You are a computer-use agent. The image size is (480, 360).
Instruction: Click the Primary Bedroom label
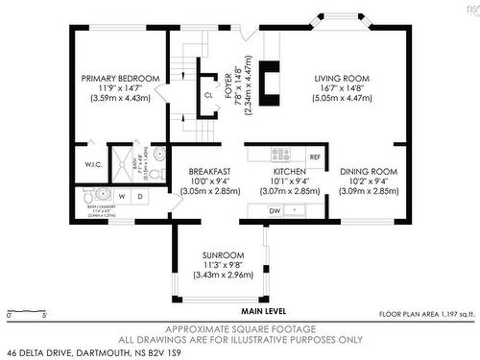[x=119, y=78]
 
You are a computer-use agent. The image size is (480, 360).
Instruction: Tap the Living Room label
[x=343, y=78]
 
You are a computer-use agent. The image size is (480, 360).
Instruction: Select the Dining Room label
[x=369, y=172]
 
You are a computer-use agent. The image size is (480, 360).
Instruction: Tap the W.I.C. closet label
[x=92, y=164]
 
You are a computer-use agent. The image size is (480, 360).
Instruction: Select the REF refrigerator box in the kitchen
[x=314, y=155]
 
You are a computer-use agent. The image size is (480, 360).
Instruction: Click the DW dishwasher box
[x=276, y=209]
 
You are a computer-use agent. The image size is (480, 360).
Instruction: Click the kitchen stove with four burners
[x=281, y=154]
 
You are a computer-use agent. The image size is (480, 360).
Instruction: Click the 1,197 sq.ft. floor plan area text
[x=426, y=314]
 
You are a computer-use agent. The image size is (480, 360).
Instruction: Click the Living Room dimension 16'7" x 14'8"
[x=343, y=87]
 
